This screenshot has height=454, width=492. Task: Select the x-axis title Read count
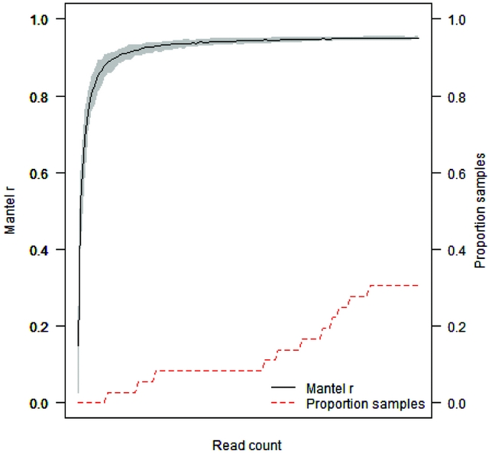[x=247, y=444]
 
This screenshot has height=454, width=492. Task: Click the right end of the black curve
[x=419, y=37]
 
